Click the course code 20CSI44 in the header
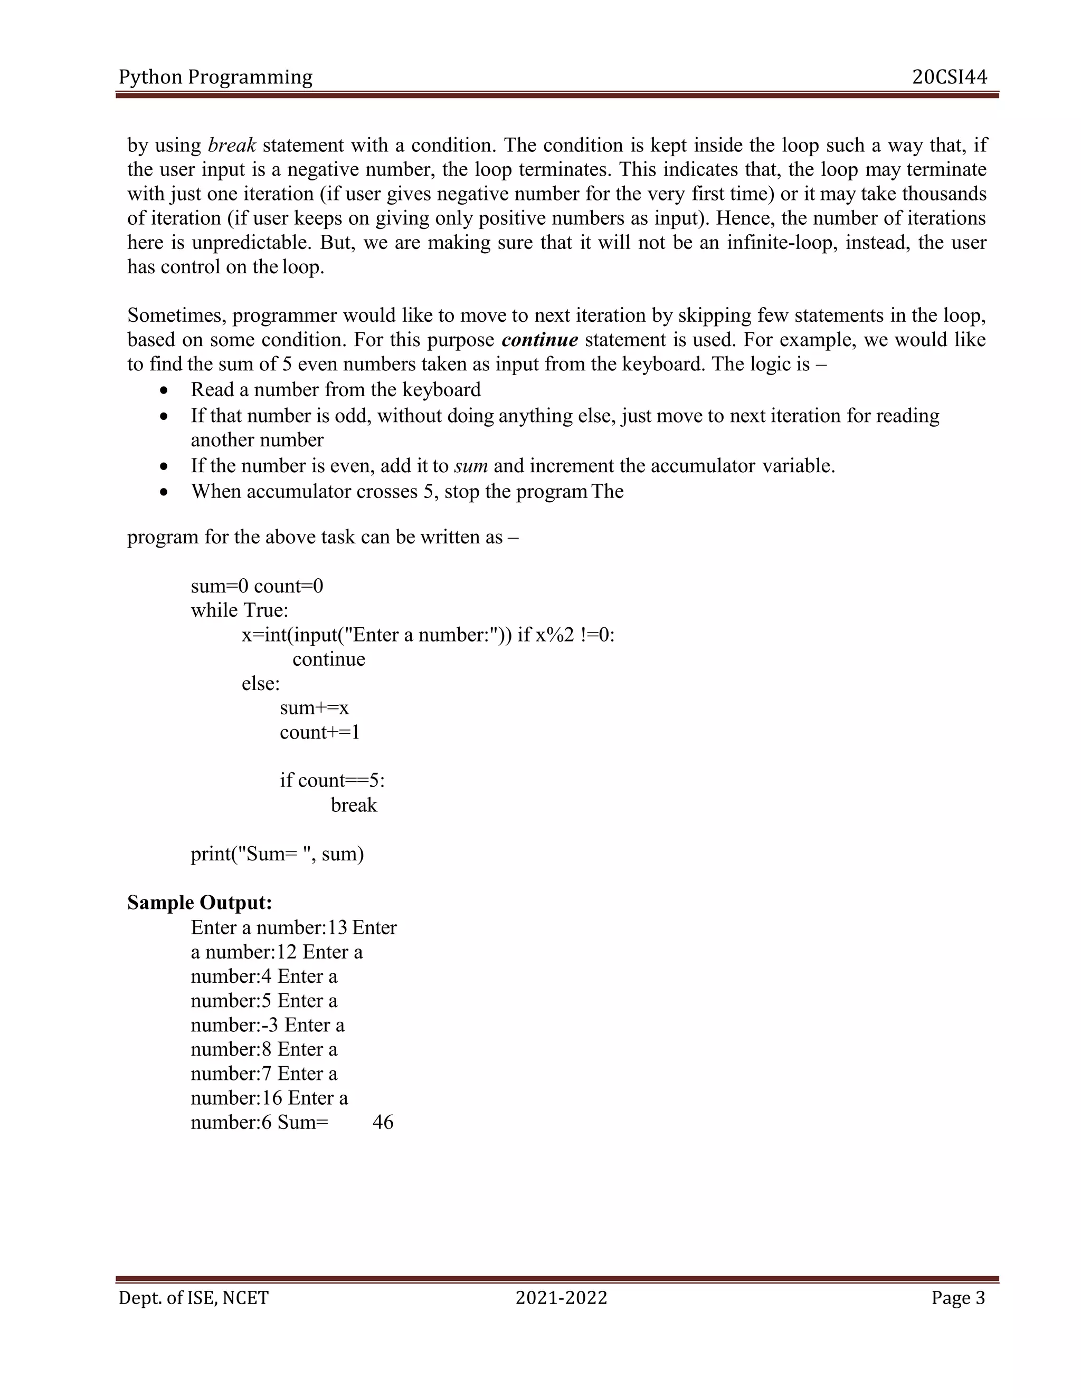[x=949, y=78]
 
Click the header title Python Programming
[x=215, y=78]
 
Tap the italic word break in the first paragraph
[x=232, y=145]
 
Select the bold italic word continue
[x=540, y=339]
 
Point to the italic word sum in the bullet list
[x=471, y=466]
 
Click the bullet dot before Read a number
[x=165, y=390]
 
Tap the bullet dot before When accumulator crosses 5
[x=165, y=492]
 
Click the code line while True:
[x=240, y=610]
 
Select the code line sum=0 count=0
[x=257, y=586]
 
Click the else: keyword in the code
[x=261, y=684]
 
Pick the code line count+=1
[x=319, y=732]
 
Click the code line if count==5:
[x=331, y=780]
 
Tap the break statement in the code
[x=354, y=805]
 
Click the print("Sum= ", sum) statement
[x=277, y=854]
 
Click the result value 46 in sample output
[x=383, y=1122]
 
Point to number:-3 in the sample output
[x=234, y=1025]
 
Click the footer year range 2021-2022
[x=561, y=1298]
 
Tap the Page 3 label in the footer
[x=958, y=1298]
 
